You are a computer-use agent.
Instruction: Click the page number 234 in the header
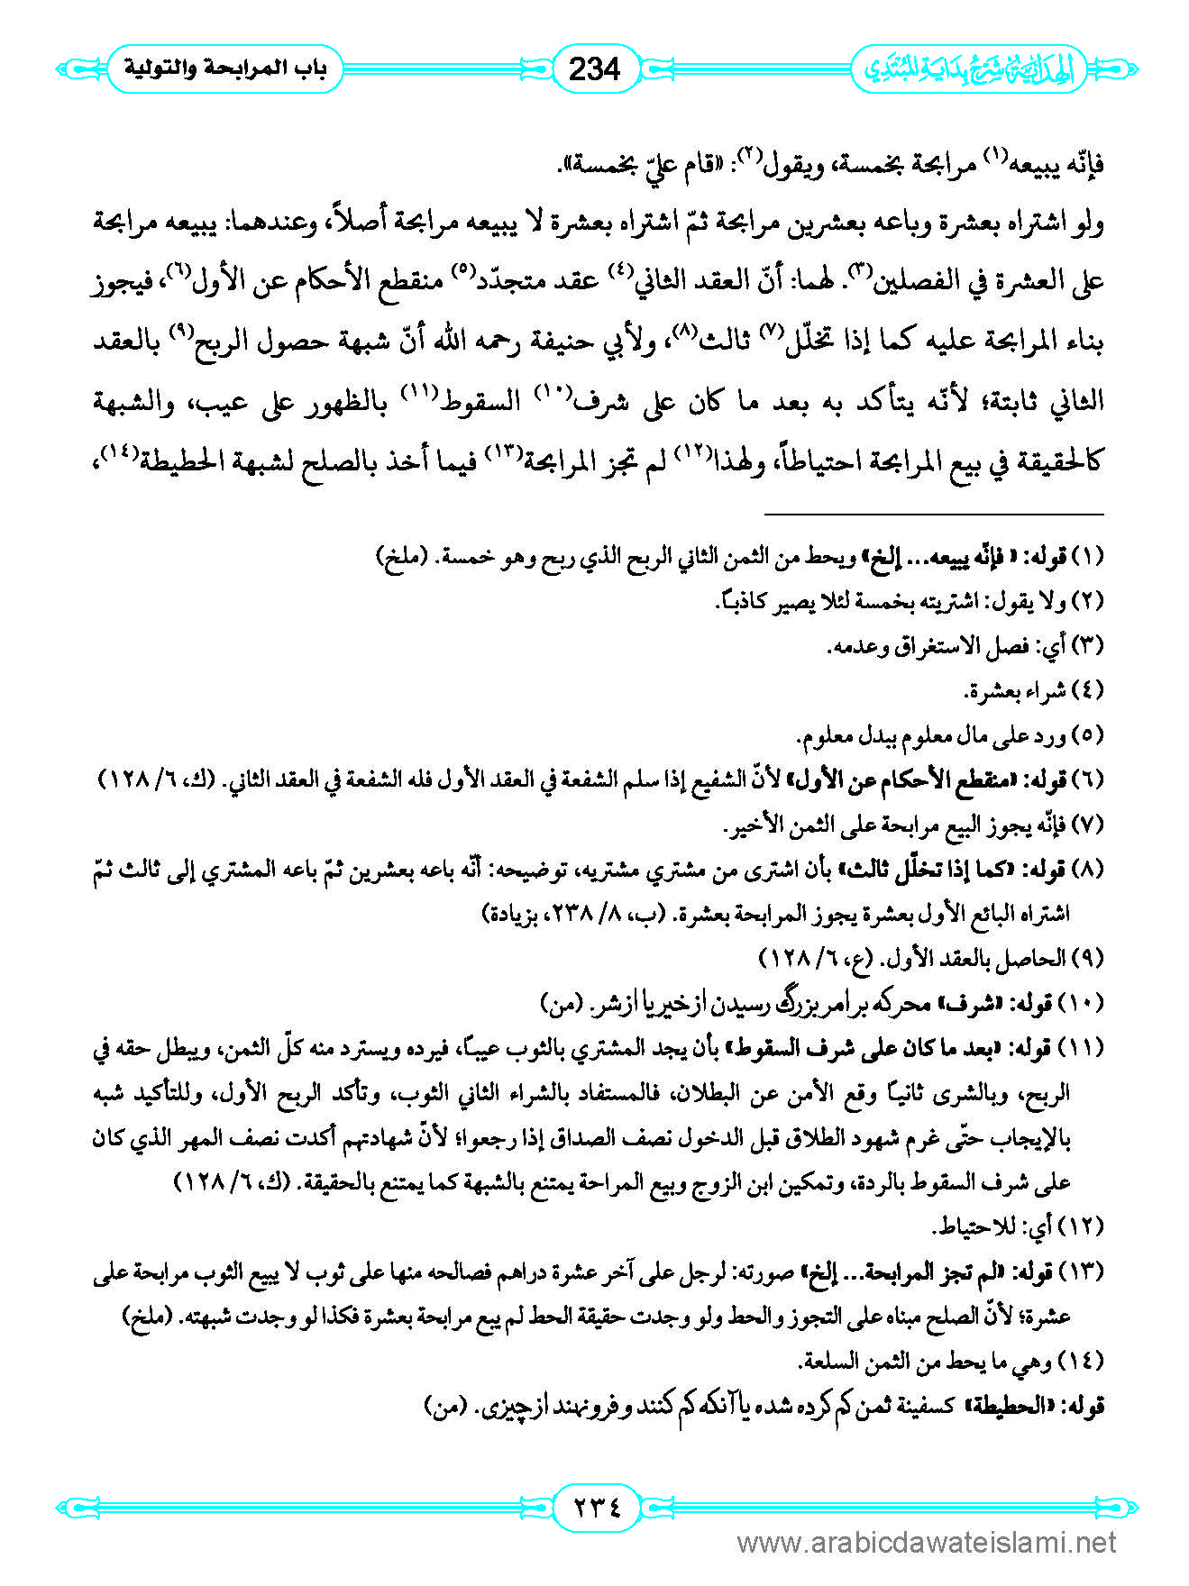click(595, 68)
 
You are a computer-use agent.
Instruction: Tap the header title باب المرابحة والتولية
click(224, 68)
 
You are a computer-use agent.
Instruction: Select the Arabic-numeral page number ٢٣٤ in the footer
click(595, 1506)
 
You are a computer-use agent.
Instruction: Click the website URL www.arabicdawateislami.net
click(928, 1543)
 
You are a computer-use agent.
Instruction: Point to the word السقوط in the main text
click(487, 402)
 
